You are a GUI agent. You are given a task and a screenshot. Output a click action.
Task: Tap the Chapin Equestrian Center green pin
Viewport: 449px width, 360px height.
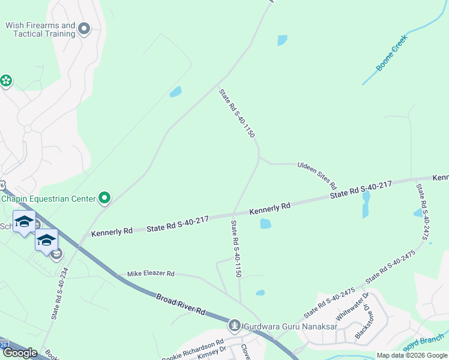(x=104, y=197)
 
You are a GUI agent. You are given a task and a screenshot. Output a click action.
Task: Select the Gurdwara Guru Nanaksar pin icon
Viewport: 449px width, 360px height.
(x=235, y=326)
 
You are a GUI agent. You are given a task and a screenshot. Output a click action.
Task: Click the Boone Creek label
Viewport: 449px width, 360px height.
(x=392, y=53)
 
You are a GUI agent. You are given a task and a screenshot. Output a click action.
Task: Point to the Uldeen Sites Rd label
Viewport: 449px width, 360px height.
(x=316, y=174)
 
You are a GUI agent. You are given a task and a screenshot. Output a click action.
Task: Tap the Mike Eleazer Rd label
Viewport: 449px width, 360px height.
(x=150, y=274)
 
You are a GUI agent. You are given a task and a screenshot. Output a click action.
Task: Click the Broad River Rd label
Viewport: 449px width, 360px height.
(x=181, y=304)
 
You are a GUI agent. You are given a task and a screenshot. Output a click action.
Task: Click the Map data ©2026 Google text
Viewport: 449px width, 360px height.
(x=412, y=355)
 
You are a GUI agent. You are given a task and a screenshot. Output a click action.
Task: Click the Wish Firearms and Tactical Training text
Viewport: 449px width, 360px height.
(x=40, y=29)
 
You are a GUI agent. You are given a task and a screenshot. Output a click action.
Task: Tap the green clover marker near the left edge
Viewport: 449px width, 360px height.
(x=6, y=80)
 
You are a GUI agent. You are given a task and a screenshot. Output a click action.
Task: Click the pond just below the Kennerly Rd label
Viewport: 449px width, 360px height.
(x=265, y=224)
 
